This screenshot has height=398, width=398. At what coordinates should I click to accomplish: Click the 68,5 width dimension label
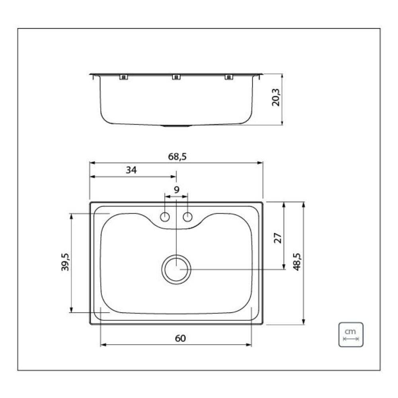click(177, 156)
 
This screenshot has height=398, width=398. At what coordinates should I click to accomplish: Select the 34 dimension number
click(131, 170)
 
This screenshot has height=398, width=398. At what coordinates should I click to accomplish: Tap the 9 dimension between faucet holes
click(176, 189)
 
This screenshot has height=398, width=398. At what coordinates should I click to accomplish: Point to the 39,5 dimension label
click(65, 262)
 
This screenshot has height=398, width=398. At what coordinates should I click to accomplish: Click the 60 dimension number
click(180, 338)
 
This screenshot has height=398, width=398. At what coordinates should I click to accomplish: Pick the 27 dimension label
click(278, 238)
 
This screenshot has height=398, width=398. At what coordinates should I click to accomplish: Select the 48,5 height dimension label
click(297, 262)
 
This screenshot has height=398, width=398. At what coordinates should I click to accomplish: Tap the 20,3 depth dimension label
click(276, 98)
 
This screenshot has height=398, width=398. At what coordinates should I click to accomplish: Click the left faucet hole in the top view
click(165, 217)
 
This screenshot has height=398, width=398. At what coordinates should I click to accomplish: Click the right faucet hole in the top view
click(187, 217)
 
